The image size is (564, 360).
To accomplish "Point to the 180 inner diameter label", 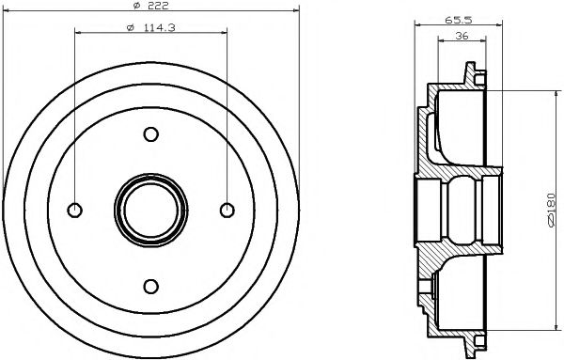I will point(548,208).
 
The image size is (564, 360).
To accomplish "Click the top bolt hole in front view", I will point(149,135).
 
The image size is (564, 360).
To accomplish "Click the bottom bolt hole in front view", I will point(149,286).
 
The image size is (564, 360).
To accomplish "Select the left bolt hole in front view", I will point(73,210).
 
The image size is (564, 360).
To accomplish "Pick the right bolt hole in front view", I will point(225,210).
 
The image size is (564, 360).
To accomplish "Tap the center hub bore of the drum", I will point(149,210).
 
